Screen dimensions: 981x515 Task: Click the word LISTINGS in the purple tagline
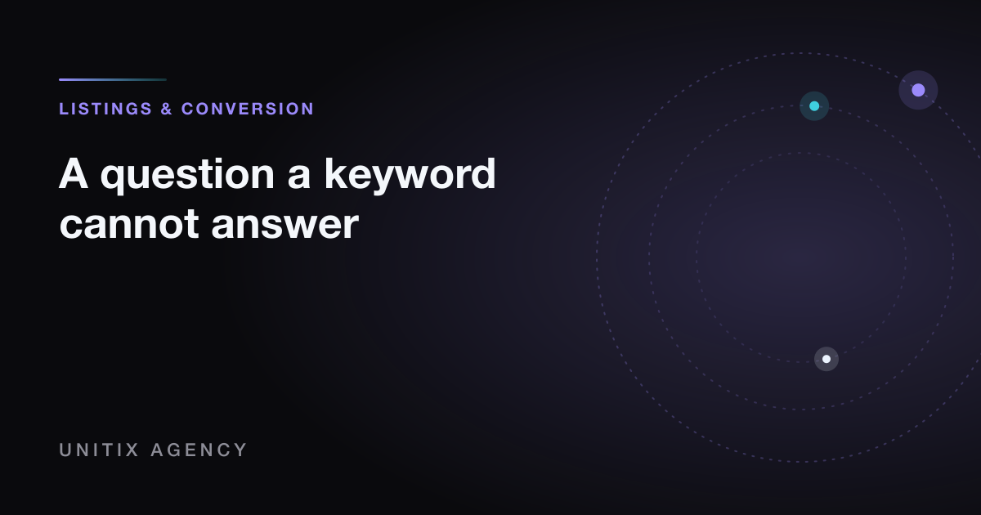[105, 109]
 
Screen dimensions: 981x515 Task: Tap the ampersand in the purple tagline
[167, 109]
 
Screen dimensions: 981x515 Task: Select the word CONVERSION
[248, 109]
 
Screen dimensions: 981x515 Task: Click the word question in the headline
[187, 175]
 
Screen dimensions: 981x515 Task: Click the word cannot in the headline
[129, 224]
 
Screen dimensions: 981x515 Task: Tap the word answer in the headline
[284, 225]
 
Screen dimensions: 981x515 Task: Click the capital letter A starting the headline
[74, 173]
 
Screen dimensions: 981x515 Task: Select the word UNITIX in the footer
[100, 450]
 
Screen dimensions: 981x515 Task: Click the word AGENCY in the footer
[199, 450]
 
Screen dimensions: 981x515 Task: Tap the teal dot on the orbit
[814, 106]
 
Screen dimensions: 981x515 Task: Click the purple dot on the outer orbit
[918, 90]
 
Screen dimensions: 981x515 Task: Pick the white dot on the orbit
[826, 359]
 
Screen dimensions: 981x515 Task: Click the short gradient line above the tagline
[113, 80]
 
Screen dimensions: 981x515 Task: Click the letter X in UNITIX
[132, 450]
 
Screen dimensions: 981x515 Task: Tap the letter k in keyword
[335, 173]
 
